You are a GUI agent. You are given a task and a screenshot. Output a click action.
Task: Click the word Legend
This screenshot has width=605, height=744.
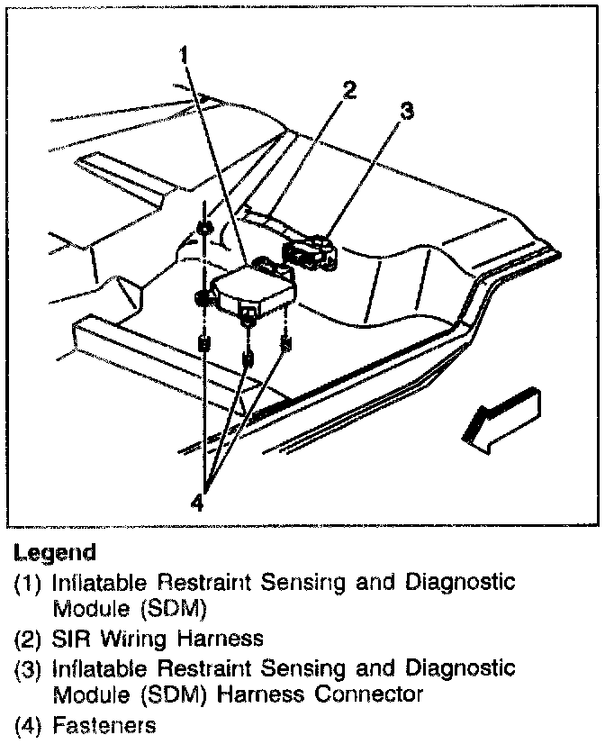click(54, 551)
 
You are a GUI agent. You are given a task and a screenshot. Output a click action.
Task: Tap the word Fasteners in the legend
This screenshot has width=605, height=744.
click(104, 724)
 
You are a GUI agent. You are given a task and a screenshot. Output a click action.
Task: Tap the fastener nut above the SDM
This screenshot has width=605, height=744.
click(205, 227)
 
